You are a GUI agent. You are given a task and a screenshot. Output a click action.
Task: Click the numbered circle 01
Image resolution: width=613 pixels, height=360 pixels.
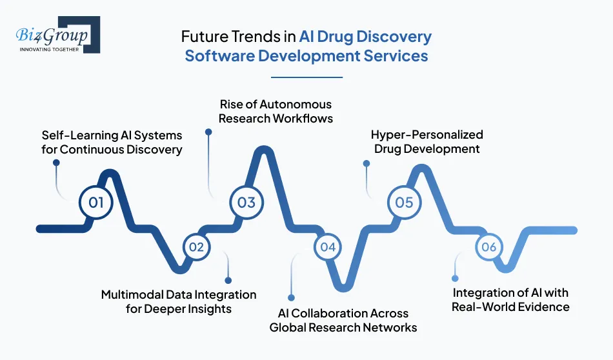point(95,203)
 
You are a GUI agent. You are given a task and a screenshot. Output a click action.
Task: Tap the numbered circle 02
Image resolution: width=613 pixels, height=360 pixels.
point(196,247)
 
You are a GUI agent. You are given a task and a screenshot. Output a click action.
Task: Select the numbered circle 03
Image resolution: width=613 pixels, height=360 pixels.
point(246,203)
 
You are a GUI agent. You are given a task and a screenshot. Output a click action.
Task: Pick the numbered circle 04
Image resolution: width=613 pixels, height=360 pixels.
point(328,247)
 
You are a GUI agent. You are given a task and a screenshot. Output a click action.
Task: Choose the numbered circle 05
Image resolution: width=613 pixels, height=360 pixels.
point(404,203)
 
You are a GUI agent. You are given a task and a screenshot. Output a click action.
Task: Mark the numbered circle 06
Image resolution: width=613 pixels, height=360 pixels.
point(488,247)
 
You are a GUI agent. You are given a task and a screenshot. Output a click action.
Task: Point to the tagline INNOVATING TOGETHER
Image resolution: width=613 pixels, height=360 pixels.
point(49,48)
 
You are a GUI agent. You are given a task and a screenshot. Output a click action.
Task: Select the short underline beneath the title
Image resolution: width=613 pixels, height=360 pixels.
point(306,77)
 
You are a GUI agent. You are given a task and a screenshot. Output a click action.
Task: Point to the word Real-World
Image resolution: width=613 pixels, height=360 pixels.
point(483,306)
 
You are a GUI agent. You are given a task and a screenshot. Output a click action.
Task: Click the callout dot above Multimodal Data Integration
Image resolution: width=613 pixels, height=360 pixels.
point(228,280)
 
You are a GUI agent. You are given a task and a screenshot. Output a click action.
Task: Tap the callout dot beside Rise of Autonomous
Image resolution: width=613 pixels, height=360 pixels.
point(208,132)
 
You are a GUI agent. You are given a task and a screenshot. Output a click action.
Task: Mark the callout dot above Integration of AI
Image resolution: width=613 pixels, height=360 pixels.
point(455,279)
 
